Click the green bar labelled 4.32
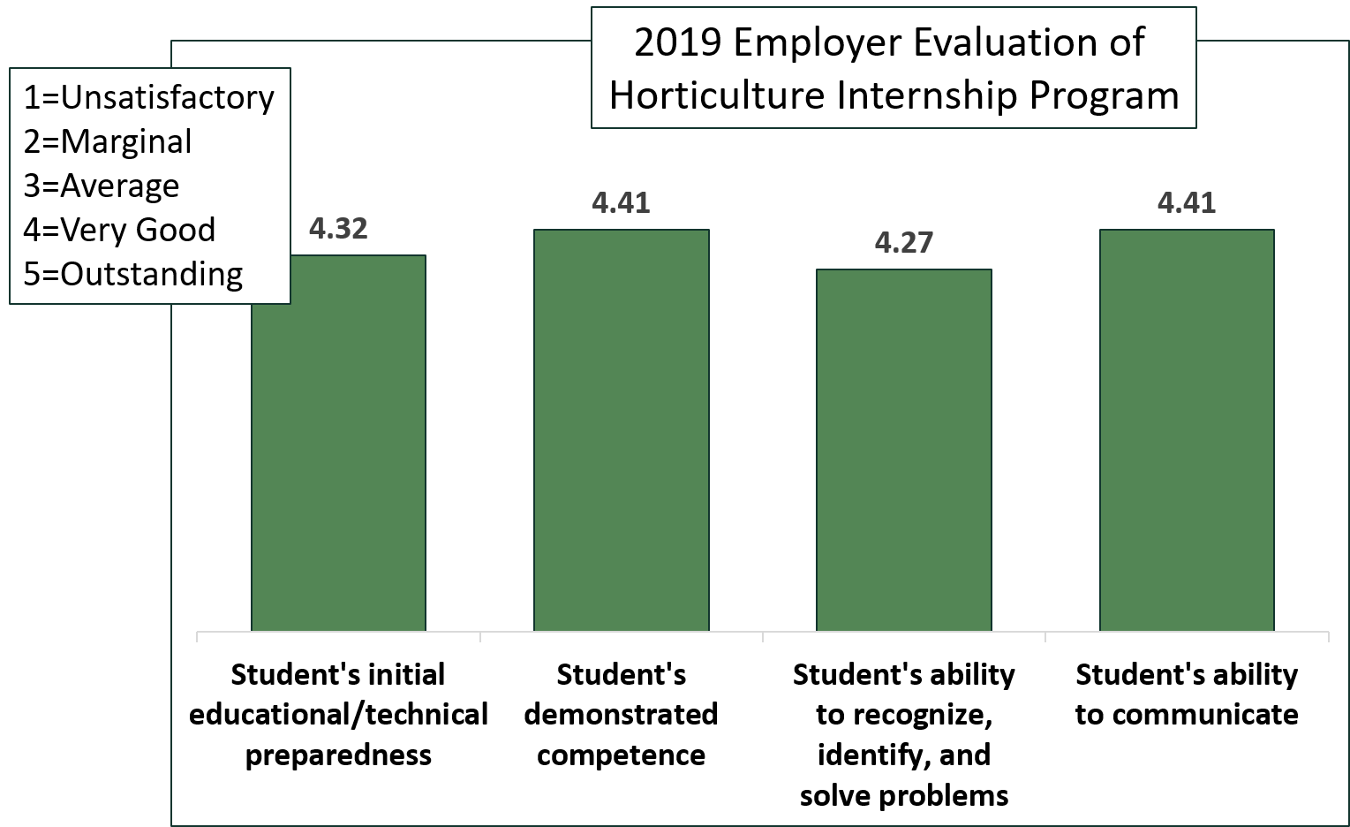[338, 459]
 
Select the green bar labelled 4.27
[903, 450]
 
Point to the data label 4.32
[338, 229]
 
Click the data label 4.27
[903, 242]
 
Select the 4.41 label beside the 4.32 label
[621, 203]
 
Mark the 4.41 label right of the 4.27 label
[1186, 203]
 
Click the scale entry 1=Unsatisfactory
[148, 97]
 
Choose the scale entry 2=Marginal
[107, 141]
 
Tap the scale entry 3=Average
[101, 186]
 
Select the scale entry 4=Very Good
[119, 230]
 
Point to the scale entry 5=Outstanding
[132, 274]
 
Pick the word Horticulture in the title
[716, 95]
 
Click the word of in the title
[1127, 43]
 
